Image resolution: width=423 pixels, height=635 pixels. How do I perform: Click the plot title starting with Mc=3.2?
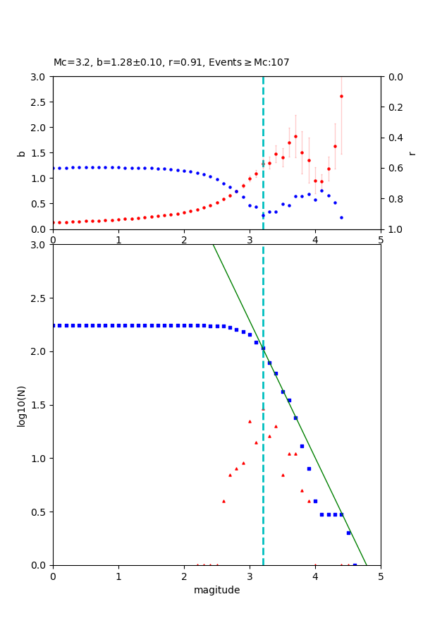[171, 63]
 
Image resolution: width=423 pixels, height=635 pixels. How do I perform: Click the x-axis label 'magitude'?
[216, 590]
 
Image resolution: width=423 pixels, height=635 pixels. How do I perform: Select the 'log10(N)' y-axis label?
[21, 405]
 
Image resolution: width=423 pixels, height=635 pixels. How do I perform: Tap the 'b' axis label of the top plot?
[21, 153]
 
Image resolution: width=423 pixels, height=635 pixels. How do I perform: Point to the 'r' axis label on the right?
[412, 153]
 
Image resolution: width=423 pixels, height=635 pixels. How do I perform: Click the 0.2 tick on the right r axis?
[395, 107]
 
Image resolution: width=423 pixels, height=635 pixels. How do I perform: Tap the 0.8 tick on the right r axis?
[395, 199]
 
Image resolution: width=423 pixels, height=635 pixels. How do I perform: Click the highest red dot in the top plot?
[341, 96]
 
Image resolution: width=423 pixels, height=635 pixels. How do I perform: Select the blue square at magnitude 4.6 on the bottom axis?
[355, 564]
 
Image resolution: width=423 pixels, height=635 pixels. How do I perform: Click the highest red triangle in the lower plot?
[250, 421]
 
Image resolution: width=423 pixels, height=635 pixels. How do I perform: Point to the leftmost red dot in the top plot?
[54, 222]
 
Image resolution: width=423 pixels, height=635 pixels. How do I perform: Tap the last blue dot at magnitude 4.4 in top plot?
[341, 217]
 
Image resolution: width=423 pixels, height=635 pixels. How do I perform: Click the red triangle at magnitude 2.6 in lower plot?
[223, 501]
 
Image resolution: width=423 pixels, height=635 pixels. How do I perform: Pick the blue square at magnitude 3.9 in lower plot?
[309, 468]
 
